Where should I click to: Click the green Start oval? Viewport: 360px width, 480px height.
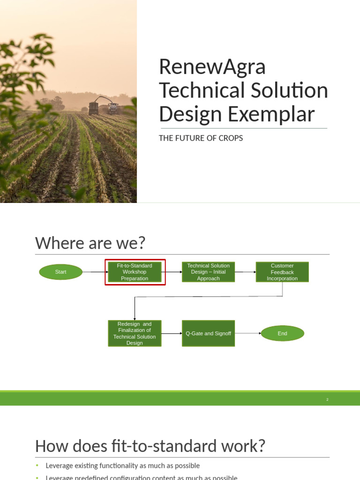tap(60, 272)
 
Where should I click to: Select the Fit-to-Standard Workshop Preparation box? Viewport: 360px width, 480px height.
tap(135, 272)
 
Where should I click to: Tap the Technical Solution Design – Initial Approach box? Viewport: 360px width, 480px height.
tap(208, 272)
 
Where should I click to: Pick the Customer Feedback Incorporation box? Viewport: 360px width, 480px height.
tap(282, 272)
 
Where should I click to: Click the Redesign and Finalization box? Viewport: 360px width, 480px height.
tap(135, 333)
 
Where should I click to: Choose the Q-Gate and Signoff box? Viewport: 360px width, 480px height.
tap(208, 333)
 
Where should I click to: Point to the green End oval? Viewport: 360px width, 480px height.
tap(282, 333)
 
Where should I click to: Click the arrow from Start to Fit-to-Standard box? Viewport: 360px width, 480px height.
tap(94, 272)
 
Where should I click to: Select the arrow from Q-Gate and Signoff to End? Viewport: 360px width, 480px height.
tap(247, 333)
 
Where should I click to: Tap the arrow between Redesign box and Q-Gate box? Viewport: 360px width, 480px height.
tap(172, 333)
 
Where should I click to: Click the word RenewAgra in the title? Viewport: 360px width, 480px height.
tap(212, 67)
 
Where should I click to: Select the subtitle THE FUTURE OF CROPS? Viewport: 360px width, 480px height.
tap(202, 138)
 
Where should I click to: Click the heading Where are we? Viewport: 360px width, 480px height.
tap(90, 243)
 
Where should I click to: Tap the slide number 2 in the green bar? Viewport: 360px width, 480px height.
tap(328, 399)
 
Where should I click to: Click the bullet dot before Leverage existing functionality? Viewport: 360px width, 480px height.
tap(37, 466)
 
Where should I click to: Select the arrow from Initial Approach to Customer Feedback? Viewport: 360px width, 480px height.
tap(245, 272)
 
